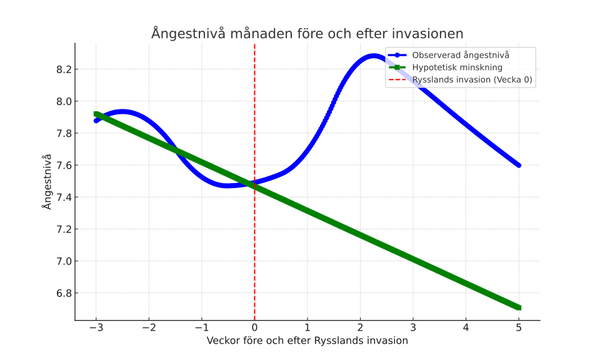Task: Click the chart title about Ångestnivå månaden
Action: tap(307, 33)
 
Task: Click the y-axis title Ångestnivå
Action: tap(47, 181)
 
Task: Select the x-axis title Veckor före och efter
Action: tap(307, 341)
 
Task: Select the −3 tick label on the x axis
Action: tap(96, 327)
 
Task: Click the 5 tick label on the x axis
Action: tap(519, 327)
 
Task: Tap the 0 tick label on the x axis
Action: tap(254, 327)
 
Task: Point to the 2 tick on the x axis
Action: tap(360, 327)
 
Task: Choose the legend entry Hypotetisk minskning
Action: tap(457, 67)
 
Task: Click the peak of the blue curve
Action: tap(373, 56)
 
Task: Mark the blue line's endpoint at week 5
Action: tap(519, 165)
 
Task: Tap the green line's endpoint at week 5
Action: tap(519, 307)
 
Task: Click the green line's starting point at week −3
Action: tap(96, 114)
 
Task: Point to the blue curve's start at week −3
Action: tap(96, 121)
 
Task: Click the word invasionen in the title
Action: tap(425, 33)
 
